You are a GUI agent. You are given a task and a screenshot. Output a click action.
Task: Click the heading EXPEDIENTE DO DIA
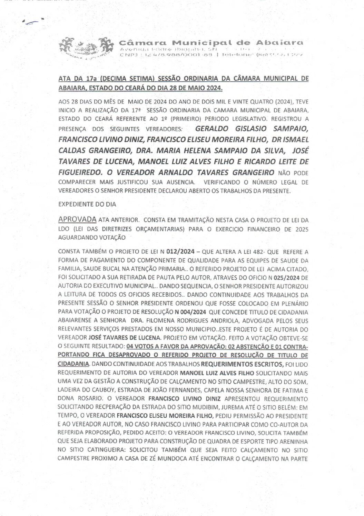click(x=87, y=204)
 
